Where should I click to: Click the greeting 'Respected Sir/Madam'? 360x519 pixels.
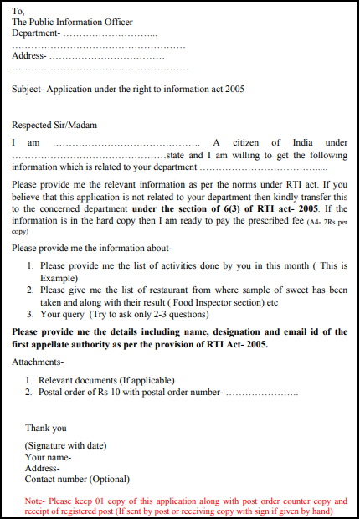coord(54,125)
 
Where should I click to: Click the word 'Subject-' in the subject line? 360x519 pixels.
coord(30,89)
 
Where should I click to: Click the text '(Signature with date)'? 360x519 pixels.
coord(66,445)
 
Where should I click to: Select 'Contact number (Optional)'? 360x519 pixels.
coord(77,480)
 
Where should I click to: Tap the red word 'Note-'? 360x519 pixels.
coord(36,500)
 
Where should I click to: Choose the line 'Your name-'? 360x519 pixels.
coord(48,457)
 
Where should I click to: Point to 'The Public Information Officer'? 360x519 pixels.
coord(72,22)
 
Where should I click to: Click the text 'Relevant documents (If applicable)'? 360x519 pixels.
coord(106,380)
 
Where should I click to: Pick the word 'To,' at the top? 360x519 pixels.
coord(19,10)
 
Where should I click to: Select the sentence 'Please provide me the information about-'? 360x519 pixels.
coord(92,247)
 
